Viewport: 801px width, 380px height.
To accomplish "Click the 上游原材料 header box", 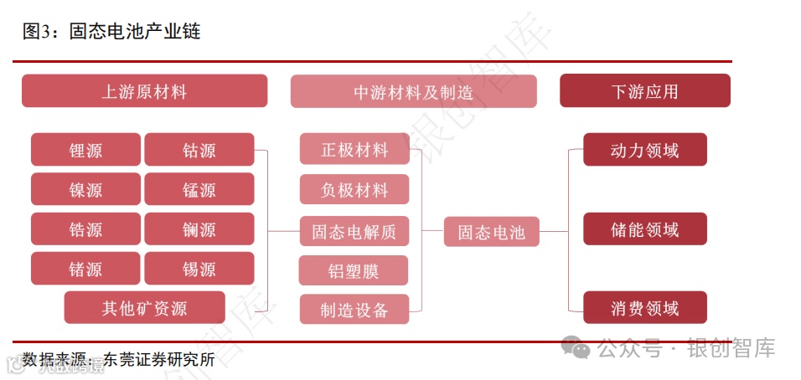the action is click(144, 91).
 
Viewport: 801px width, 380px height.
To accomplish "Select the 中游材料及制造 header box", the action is click(413, 91).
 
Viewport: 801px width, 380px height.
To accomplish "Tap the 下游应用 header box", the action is click(644, 91).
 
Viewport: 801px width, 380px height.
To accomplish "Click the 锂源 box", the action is click(85, 150).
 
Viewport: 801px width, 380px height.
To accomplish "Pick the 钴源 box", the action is click(199, 150).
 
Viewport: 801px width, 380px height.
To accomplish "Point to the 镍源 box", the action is click(85, 189).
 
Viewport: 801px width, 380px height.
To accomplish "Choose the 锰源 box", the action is click(199, 189).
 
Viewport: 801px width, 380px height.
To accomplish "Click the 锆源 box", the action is click(85, 229).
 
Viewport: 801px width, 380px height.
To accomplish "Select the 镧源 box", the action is click(199, 229).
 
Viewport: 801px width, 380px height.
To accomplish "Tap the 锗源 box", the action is click(85, 269).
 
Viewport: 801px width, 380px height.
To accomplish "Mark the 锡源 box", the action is click(199, 269).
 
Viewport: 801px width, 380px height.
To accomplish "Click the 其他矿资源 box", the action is click(144, 308).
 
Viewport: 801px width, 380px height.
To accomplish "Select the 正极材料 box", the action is click(354, 150).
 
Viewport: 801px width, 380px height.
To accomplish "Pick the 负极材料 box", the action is click(354, 190).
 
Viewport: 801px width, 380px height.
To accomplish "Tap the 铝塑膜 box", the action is click(354, 270).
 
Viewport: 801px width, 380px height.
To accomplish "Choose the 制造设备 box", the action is click(354, 310).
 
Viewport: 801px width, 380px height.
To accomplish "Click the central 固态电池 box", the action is click(491, 231).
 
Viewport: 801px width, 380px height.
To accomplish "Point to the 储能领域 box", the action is click(644, 229).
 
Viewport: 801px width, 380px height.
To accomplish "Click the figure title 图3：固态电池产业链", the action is click(111, 32).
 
